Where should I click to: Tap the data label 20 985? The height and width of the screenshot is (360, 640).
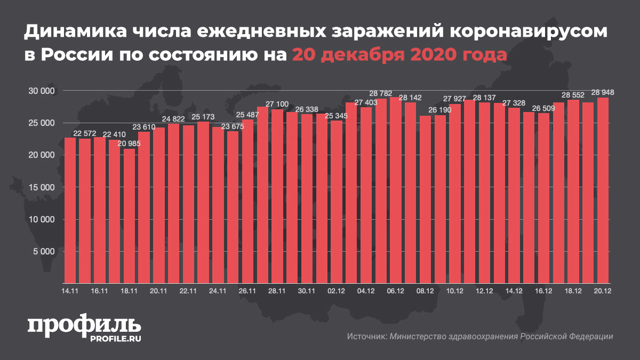tap(130, 144)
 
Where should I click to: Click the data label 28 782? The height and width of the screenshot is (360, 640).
tap(381, 94)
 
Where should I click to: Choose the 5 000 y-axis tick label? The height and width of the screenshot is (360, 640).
tap(45, 251)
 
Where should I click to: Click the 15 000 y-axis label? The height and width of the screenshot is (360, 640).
tap(42, 187)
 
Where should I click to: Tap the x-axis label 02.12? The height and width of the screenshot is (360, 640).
tap(336, 291)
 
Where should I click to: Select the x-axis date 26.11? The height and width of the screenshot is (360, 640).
tap(247, 291)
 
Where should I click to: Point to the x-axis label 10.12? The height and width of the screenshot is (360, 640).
tap(454, 291)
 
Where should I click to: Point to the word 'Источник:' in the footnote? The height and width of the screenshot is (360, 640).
tap(366, 337)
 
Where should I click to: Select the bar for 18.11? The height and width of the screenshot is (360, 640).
tap(129, 215)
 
